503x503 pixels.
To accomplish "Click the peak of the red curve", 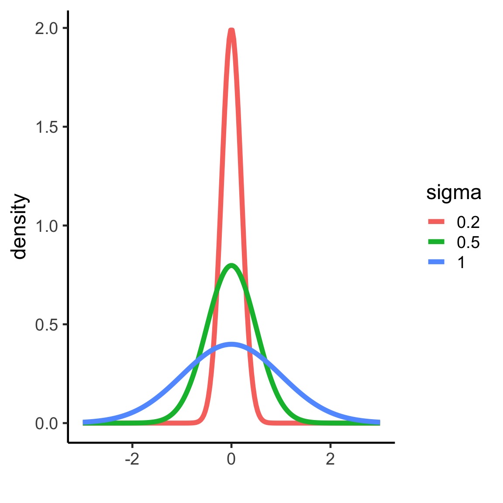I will point(231,30).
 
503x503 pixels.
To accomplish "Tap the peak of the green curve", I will point(231,265).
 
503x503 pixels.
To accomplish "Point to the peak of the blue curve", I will point(231,344).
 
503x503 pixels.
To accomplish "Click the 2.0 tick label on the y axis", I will point(47,28).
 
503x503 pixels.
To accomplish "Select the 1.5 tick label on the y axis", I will point(47,127).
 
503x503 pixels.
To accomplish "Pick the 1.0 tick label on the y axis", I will point(47,226).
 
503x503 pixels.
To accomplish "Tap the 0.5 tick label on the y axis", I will point(47,325).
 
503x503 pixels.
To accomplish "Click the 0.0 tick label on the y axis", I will point(47,424).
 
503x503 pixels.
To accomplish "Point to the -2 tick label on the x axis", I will point(132,459).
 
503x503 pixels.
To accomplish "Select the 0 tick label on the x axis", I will point(231,459).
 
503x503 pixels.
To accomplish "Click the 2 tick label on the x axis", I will point(331,459).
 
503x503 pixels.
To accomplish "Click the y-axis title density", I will point(20,226).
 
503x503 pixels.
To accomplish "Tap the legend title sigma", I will point(454,193).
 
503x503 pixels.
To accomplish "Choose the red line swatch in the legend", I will point(436,222).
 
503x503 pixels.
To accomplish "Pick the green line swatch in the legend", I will point(436,242).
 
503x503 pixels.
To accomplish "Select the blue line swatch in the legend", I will point(436,262).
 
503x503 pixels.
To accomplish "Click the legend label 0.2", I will point(468,222).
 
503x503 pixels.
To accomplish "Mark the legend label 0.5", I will point(468,242).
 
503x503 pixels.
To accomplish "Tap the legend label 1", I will point(461,262).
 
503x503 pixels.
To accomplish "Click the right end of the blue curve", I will point(379,422).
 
